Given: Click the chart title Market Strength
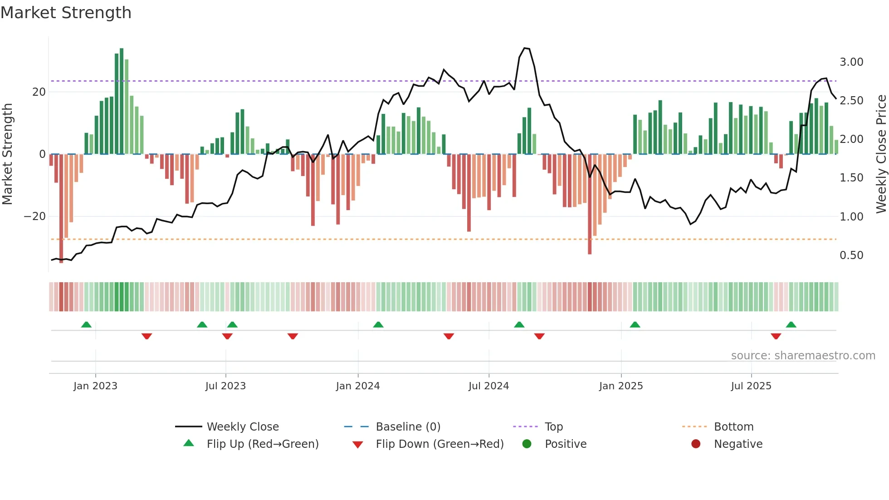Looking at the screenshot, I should coord(66,13).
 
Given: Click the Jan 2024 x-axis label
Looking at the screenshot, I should coord(357,386).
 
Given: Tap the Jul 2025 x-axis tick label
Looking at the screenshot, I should coord(751,386).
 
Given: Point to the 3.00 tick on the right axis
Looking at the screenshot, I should coord(851,62).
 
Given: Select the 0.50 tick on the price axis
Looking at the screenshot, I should coord(851,255).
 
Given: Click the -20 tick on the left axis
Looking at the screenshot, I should coord(35,216).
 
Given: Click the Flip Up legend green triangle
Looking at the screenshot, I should coord(189,443).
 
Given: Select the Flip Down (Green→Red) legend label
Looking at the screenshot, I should coord(440,444).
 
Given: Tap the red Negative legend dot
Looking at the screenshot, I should coord(695,444).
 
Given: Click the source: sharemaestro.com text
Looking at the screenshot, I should coord(803,356).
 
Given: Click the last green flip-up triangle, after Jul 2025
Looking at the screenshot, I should coord(791,325).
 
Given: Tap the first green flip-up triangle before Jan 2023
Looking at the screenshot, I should coord(86,325).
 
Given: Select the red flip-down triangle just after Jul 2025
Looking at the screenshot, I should coord(776,336).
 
